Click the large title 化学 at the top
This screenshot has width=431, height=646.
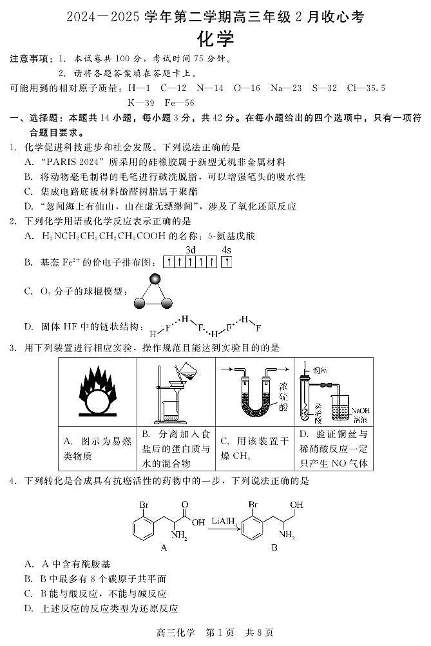(215, 39)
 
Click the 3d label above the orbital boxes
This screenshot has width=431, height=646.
(191, 250)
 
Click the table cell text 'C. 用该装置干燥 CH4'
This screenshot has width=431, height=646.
(254, 448)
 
